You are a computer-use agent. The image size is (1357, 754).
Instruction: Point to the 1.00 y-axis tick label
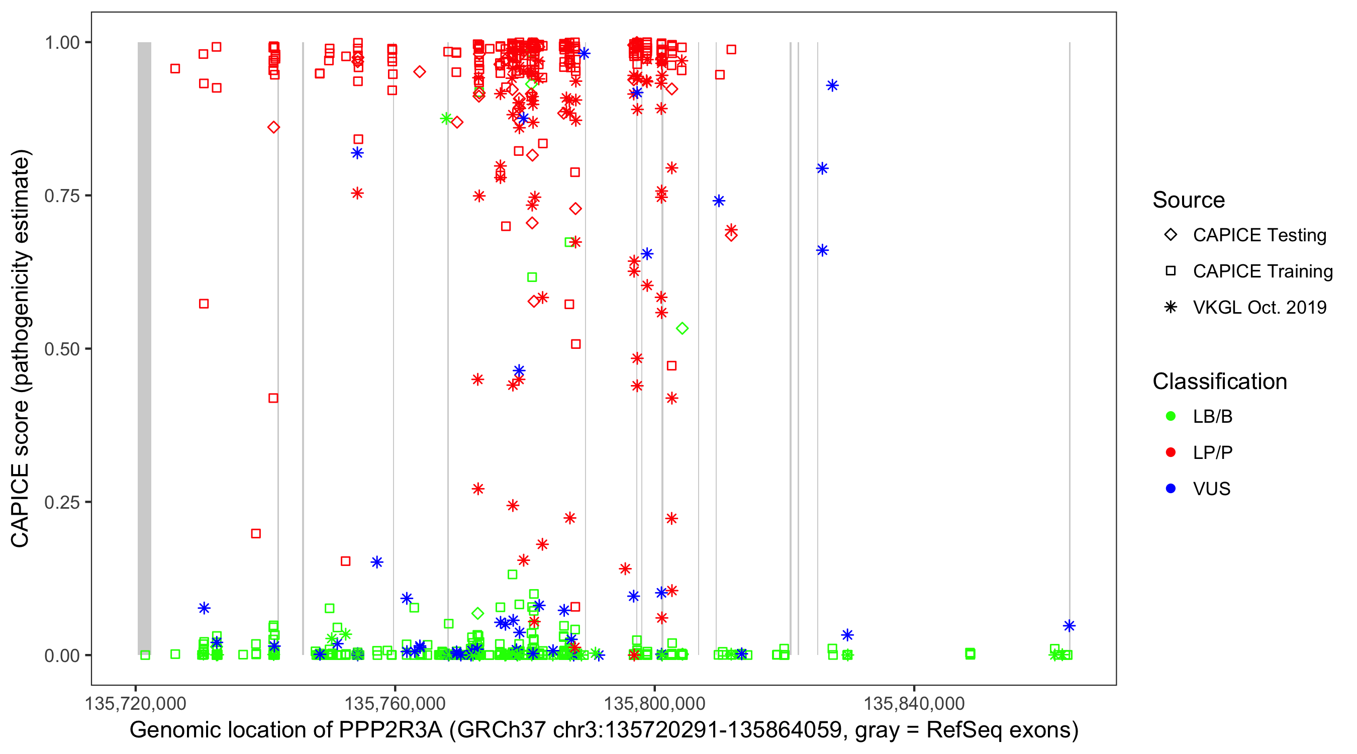coord(62,43)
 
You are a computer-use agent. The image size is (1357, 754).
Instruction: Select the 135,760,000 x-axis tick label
coord(395,703)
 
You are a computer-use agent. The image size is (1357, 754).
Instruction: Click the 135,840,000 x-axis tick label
coord(914,703)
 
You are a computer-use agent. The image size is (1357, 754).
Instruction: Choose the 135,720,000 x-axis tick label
coord(135,703)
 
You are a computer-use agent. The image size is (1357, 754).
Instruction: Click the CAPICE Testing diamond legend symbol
coord(1171,235)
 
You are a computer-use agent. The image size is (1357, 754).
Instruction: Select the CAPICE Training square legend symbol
coord(1171,271)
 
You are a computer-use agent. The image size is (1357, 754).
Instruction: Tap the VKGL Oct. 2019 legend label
coord(1259,308)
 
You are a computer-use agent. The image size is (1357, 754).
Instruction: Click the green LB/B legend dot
coord(1171,416)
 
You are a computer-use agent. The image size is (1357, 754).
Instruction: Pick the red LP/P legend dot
coord(1171,452)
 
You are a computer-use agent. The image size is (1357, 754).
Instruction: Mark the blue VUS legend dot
coord(1171,489)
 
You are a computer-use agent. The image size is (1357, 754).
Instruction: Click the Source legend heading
coord(1189,200)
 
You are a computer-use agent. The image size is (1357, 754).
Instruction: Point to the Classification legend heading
coord(1219,382)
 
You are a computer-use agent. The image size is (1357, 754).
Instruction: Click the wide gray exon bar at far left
coord(144,348)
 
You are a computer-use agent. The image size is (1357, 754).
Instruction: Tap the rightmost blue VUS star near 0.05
coord(1069,626)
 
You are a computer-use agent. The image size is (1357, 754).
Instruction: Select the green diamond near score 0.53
coord(682,329)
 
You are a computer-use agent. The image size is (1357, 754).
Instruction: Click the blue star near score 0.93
coord(832,85)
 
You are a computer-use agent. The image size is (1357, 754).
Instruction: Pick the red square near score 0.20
coord(256,534)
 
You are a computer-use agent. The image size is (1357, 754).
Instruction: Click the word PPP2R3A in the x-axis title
coord(391,730)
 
